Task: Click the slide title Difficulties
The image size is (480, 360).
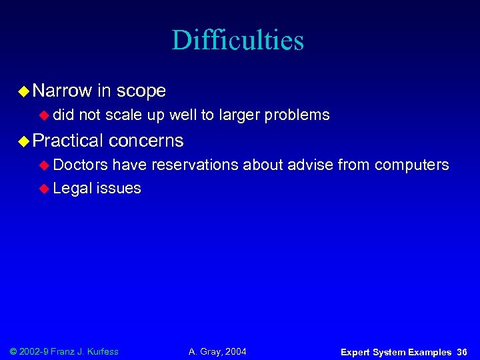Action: pyautogui.click(x=237, y=40)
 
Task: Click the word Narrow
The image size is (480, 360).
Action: pyautogui.click(x=62, y=91)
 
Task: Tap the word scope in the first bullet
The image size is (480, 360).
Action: pyautogui.click(x=141, y=91)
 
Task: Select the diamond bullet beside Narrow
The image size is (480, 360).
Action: pyautogui.click(x=23, y=91)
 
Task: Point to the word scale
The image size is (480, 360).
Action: pyautogui.click(x=124, y=115)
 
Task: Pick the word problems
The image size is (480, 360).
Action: pyautogui.click(x=297, y=115)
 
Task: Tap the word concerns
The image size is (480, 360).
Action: pyautogui.click(x=146, y=141)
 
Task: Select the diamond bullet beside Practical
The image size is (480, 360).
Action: pyautogui.click(x=23, y=141)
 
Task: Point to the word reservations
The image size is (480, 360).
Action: pyautogui.click(x=195, y=165)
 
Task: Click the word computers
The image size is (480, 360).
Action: pyautogui.click(x=412, y=165)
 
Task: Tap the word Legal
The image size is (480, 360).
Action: pyautogui.click(x=72, y=188)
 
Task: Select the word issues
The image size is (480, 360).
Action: pyautogui.click(x=119, y=188)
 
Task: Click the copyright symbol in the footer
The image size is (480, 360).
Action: pyautogui.click(x=14, y=351)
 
